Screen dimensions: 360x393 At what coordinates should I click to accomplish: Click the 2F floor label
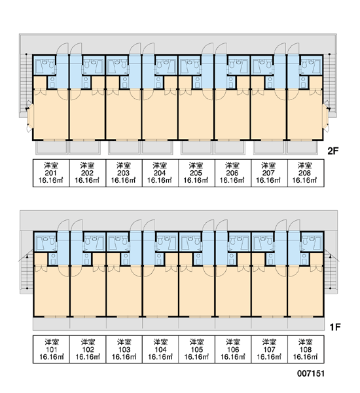(333, 151)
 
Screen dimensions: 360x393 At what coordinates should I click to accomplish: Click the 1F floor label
(334, 327)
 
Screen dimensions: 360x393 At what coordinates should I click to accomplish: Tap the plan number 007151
(311, 374)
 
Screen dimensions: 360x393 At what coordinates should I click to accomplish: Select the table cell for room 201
(51, 173)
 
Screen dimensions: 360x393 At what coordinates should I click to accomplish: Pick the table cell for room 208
(306, 173)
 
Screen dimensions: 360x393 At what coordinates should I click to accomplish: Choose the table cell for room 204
(160, 173)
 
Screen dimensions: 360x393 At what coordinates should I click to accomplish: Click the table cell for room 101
(51, 349)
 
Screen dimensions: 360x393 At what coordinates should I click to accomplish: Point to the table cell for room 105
(196, 349)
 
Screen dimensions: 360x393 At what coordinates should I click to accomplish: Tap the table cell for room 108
(306, 349)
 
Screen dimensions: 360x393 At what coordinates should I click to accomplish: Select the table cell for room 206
(233, 173)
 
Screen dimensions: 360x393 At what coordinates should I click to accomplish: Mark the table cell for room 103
(124, 349)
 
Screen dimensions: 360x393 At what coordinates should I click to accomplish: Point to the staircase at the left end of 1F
(27, 271)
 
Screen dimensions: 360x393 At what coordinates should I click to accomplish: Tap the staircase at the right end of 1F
(331, 271)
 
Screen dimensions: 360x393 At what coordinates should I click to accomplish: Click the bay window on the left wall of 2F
(29, 117)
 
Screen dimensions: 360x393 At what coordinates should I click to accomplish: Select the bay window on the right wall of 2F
(326, 117)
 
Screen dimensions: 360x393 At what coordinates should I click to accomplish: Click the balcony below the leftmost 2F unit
(52, 147)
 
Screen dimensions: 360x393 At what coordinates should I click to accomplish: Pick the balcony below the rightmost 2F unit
(302, 147)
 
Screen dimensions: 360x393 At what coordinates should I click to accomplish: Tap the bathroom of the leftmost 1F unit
(45, 241)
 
